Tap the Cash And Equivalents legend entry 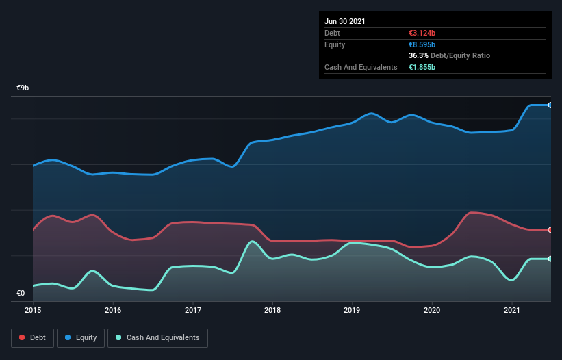[157, 337]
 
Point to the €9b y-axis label [23, 88]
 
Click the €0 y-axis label [21, 294]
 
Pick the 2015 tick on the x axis [33, 310]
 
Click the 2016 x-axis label [113, 310]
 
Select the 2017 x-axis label [193, 310]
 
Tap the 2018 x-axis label [272, 310]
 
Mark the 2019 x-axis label [353, 310]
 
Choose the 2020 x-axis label [432, 310]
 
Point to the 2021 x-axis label [512, 310]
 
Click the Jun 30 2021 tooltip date [345, 21]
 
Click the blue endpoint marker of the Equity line [550, 105]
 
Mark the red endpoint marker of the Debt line [550, 229]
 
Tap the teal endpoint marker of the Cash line [550, 259]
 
